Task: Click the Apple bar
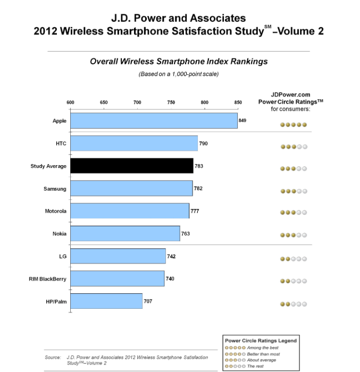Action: (154, 121)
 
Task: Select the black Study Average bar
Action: (132, 166)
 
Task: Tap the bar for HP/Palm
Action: (106, 301)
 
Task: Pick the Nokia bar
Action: (125, 233)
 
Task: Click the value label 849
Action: (242, 121)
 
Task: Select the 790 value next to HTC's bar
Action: (203, 143)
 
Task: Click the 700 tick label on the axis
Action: (137, 103)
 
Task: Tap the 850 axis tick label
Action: (238, 103)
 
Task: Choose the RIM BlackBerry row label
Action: (48, 278)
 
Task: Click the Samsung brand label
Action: (55, 189)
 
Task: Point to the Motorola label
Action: (55, 211)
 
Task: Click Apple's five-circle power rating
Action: (294, 125)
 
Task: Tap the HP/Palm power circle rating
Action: (294, 305)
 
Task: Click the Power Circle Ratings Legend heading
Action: (261, 340)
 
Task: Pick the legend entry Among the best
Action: (262, 347)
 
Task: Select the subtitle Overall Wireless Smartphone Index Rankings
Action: (179, 62)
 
